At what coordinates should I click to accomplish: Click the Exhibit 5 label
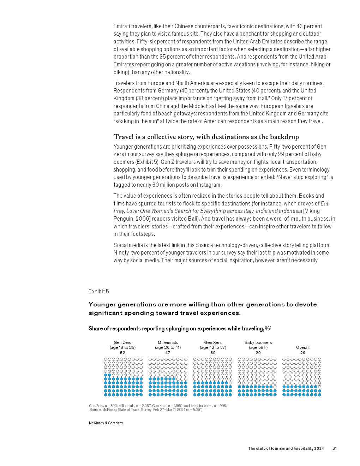(x=99, y=292)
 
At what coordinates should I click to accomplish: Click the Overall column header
(x=303, y=347)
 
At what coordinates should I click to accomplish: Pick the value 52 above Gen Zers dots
(x=122, y=353)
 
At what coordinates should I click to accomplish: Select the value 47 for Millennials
(x=168, y=353)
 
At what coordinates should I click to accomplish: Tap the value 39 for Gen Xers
(x=213, y=353)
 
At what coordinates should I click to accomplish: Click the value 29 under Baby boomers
(x=258, y=353)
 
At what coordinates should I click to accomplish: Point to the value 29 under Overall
(x=303, y=353)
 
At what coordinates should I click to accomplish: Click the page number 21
(x=335, y=448)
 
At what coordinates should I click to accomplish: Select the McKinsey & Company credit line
(x=106, y=423)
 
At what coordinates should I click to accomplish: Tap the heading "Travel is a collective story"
(x=206, y=137)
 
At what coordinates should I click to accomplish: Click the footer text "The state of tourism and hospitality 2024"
(x=286, y=448)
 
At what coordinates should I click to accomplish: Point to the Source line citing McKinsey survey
(x=146, y=410)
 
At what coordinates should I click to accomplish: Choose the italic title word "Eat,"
(x=325, y=204)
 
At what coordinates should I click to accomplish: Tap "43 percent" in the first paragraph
(x=309, y=26)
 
